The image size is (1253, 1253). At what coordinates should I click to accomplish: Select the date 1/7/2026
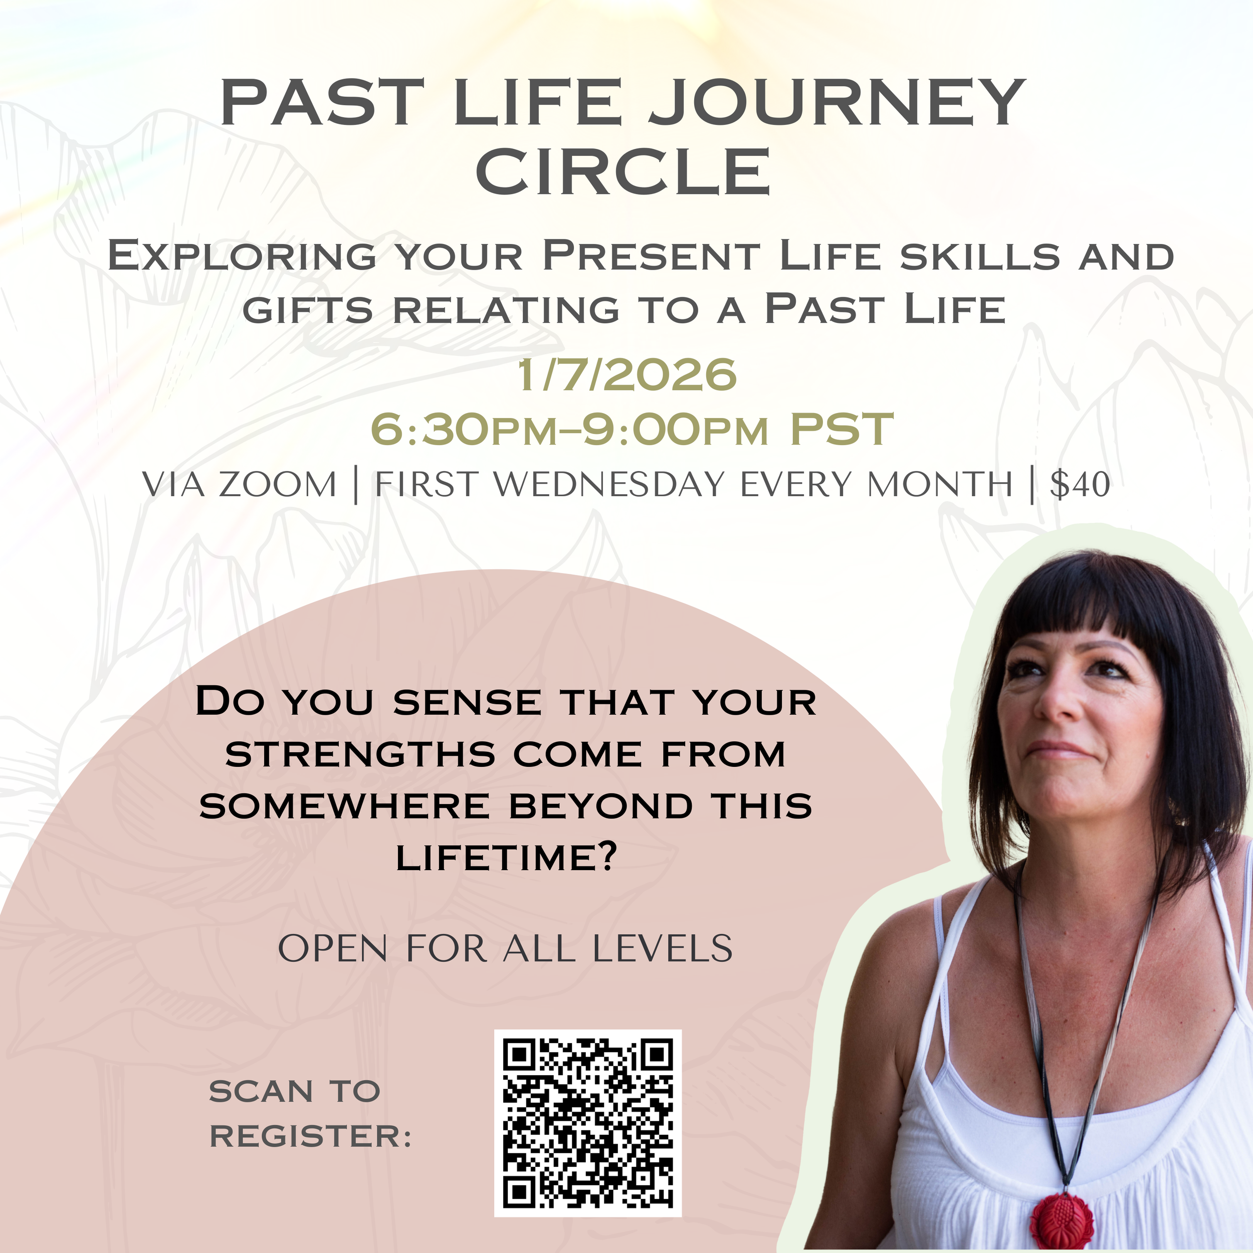[x=626, y=375]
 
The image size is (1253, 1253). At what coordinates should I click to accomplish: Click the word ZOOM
[x=278, y=485]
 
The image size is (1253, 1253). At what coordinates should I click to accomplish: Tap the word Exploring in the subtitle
[x=241, y=256]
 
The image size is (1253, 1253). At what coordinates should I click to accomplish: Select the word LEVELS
[x=662, y=949]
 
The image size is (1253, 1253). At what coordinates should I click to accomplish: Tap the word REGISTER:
[x=310, y=1137]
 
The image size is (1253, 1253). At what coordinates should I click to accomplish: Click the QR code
[x=587, y=1123]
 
